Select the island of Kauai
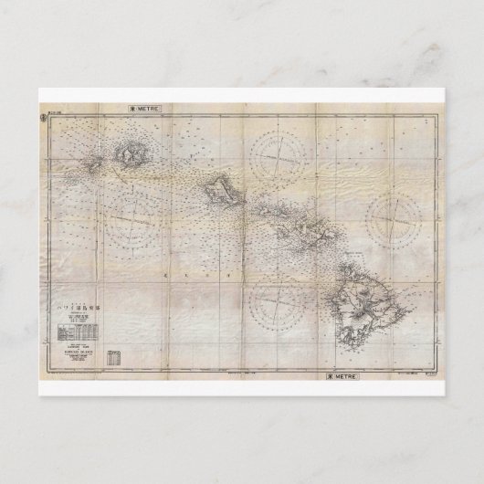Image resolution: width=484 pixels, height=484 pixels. coord(131,156)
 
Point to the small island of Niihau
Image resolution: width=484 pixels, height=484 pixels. coord(95,167)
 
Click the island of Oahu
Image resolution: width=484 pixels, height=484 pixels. coord(219,191)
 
